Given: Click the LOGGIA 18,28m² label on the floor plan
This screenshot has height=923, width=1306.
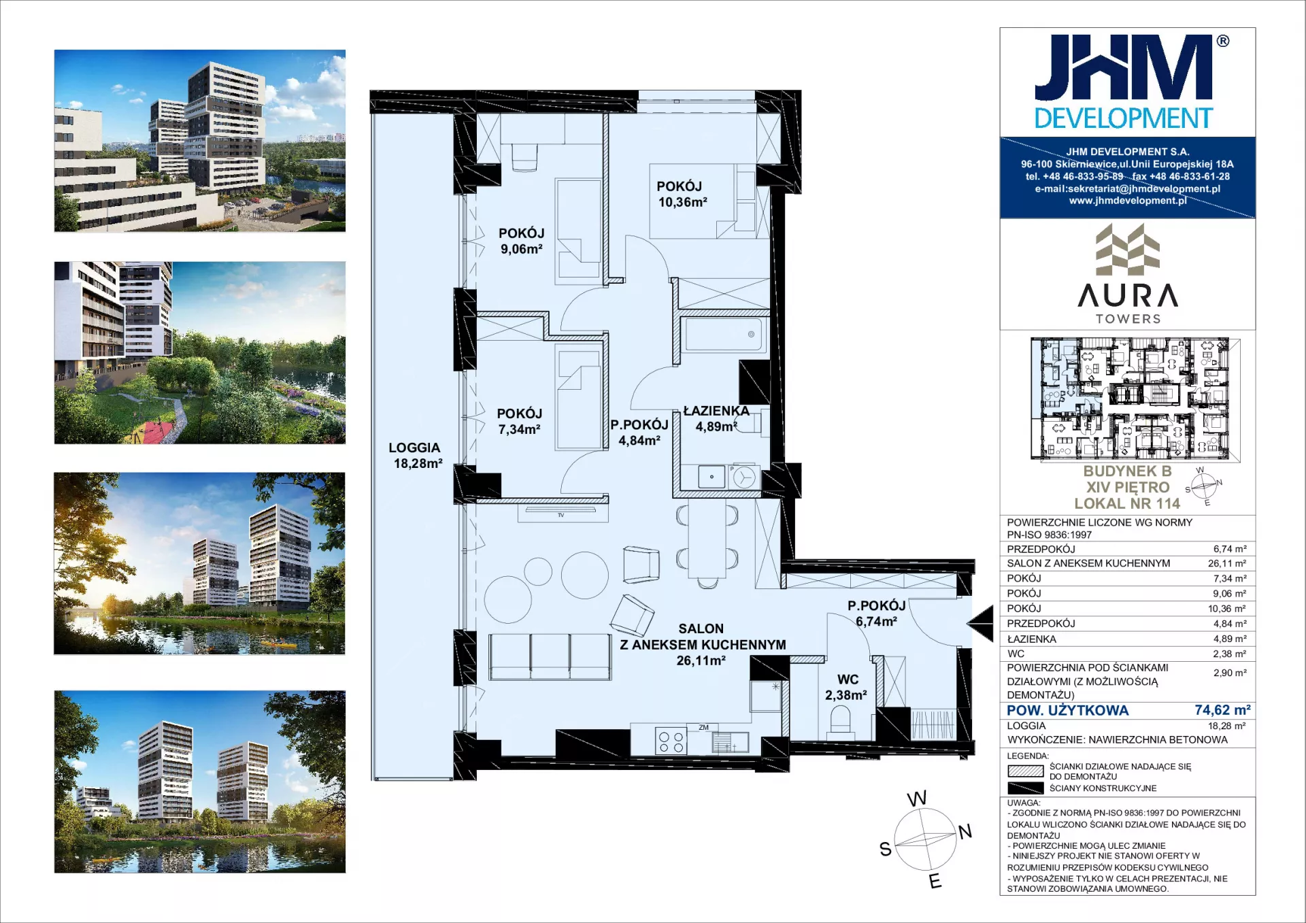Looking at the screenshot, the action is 415,456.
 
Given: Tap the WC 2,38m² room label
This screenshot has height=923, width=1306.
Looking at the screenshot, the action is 846,687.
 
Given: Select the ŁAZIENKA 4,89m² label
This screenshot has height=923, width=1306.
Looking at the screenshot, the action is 716,419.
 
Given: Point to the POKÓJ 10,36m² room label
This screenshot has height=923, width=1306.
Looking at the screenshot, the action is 682,194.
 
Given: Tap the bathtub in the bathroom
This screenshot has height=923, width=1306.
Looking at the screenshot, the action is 724,334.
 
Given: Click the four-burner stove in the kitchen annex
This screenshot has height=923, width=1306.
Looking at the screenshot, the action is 671,741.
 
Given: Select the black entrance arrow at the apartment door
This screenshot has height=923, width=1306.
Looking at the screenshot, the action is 980,623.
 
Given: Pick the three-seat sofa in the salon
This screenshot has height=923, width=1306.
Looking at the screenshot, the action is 550,656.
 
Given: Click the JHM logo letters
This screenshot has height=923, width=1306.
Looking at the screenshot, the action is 1124,67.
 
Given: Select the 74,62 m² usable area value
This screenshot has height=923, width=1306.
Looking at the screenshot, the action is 1222,710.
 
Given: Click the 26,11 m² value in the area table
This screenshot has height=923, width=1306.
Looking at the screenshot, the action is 1227,563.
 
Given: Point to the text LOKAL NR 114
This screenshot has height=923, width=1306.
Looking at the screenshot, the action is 1127,503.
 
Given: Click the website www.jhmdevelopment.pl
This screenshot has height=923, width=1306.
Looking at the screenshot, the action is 1128,201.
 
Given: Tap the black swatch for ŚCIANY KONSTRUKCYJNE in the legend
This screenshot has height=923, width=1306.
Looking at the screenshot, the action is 1025,788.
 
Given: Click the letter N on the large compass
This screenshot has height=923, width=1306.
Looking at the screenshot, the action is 965,831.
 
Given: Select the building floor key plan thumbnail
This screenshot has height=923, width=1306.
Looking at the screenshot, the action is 1135,399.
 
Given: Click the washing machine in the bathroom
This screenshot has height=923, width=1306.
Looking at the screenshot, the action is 743,477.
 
